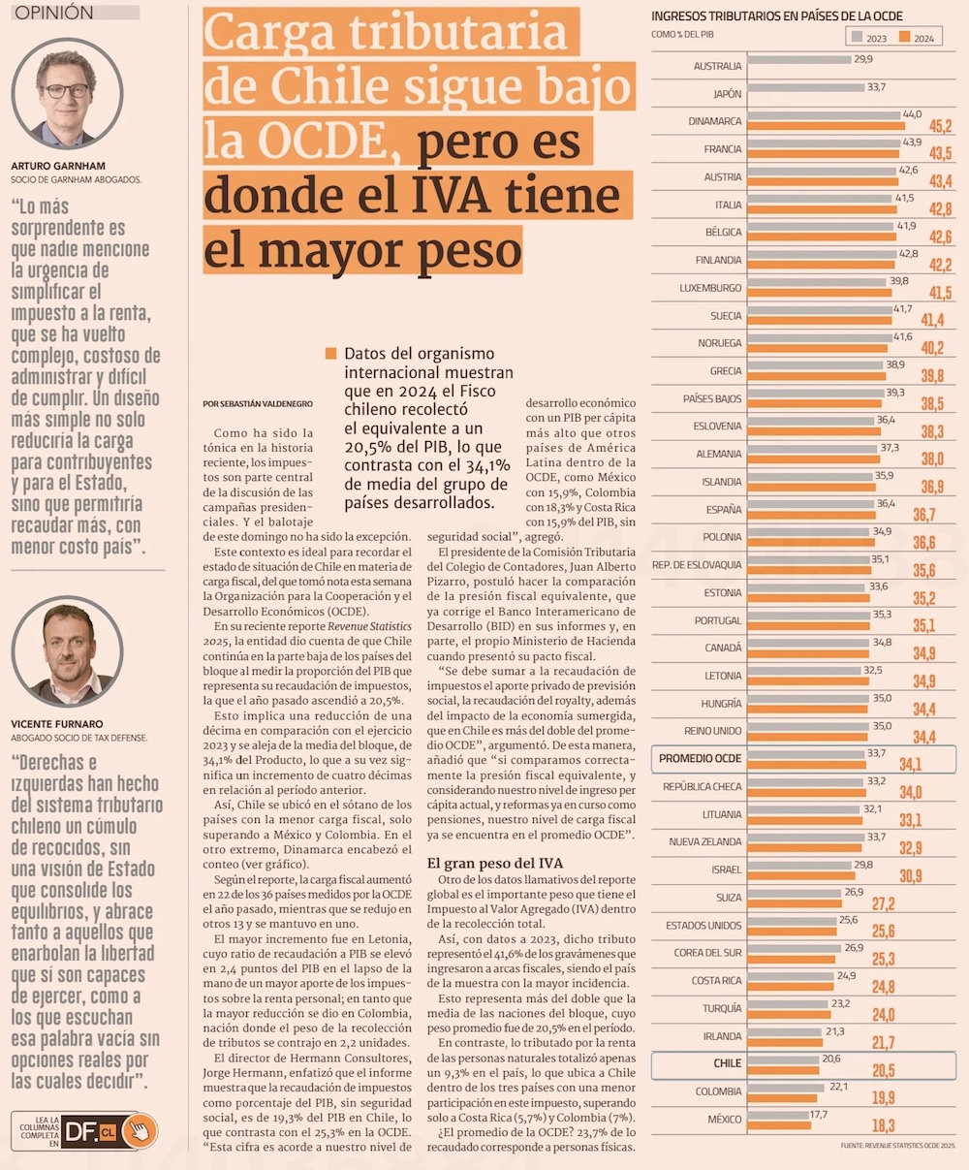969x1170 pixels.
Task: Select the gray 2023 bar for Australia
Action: click(798, 59)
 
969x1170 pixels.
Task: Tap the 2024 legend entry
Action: click(917, 38)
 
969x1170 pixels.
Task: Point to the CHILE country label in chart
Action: click(727, 1063)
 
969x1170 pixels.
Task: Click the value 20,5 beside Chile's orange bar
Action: click(883, 1071)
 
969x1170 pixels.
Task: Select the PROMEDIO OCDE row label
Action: click(700, 758)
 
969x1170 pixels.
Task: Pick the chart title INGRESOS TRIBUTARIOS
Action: click(776, 16)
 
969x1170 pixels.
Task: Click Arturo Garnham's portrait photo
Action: click(68, 95)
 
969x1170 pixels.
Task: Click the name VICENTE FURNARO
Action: click(56, 723)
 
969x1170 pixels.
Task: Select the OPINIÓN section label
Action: click(55, 13)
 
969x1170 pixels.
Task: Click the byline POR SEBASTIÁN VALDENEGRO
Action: click(258, 403)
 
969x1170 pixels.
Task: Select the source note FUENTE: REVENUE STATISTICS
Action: click(897, 1147)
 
